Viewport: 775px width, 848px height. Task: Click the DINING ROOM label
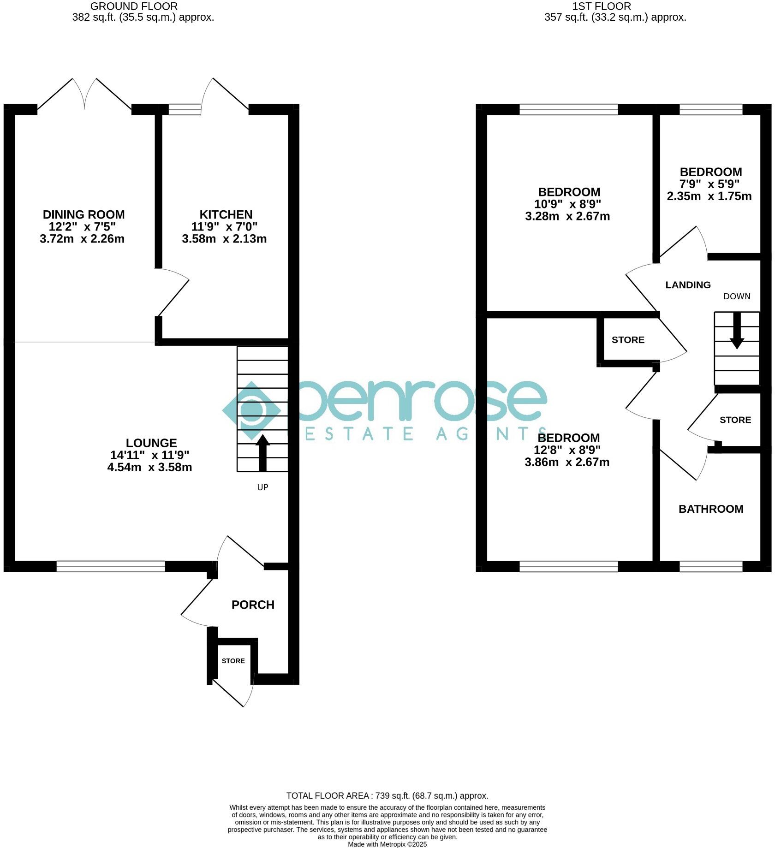[x=83, y=214]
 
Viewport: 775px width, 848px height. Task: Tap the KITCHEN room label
[x=226, y=214]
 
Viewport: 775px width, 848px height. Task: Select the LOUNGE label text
[x=151, y=443]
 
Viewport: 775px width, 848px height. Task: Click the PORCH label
[x=253, y=605]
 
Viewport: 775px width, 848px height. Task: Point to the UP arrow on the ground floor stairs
[x=262, y=452]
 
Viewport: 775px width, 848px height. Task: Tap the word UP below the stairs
[x=262, y=487]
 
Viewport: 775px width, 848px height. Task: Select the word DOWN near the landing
[x=737, y=297]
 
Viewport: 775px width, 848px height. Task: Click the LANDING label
[x=688, y=285]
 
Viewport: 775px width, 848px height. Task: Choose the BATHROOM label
[x=711, y=509]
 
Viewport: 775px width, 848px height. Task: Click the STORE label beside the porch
[x=233, y=661]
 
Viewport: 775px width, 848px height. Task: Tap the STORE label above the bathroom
[x=735, y=420]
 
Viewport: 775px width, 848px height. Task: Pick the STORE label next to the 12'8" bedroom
[x=628, y=340]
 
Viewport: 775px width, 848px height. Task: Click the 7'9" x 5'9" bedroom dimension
[x=710, y=184]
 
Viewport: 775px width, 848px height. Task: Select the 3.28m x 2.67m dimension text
[x=567, y=216]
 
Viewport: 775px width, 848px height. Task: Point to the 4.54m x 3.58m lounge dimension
[x=149, y=467]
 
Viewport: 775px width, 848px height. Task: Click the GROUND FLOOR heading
[x=134, y=6]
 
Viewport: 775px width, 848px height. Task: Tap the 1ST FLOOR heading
[x=602, y=6]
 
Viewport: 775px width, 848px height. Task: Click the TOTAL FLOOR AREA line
[x=387, y=795]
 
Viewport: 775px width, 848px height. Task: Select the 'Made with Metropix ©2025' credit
[x=387, y=844]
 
